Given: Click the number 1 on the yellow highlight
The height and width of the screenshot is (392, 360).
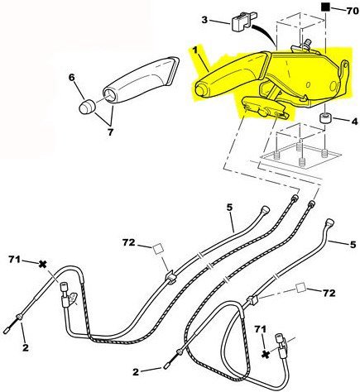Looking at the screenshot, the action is point(195,50).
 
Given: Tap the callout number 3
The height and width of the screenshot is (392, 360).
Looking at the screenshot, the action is point(204,20).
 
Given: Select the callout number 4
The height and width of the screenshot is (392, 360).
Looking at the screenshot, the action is point(354,121).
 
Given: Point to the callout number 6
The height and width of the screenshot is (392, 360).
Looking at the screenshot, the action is point(72,78).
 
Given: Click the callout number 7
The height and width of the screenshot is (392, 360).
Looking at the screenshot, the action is point(110,132).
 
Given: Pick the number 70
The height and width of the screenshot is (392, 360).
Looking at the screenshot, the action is point(353,12).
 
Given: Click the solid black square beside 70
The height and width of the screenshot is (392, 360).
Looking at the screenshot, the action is point(326,7).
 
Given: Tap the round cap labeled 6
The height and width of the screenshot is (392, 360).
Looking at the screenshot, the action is point(87,107).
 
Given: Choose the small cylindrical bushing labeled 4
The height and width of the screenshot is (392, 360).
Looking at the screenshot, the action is point(325,119).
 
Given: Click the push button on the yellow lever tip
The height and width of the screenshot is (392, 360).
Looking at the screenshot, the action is point(200,90).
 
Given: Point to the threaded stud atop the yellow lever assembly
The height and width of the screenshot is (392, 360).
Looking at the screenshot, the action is point(306,44).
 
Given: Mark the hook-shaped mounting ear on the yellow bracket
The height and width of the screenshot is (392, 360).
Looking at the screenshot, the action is point(344,69).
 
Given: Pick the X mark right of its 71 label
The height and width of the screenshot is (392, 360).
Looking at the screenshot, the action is point(42,264).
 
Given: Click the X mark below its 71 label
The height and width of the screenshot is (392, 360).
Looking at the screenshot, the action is point(266,354).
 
